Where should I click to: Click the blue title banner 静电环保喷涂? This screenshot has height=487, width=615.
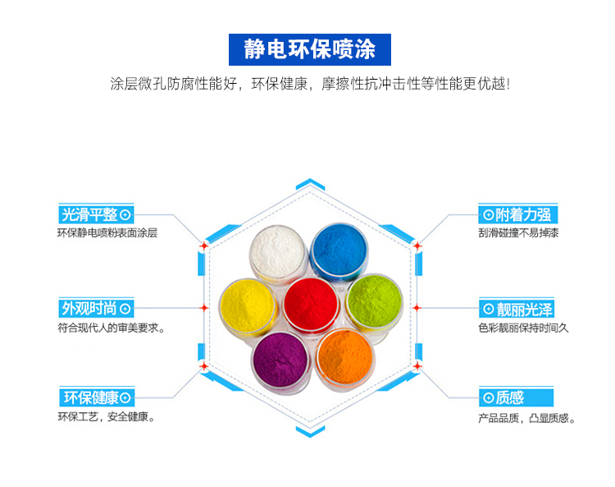click(310, 49)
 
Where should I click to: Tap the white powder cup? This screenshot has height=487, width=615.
click(278, 251)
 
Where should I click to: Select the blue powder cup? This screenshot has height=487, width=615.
click(339, 252)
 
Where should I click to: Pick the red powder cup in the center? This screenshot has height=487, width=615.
click(311, 305)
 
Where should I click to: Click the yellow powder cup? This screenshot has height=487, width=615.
click(248, 306)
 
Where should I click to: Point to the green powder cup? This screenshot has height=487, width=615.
click(374, 303)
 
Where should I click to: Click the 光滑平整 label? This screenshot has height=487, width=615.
click(96, 214)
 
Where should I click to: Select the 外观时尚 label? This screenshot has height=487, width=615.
click(96, 308)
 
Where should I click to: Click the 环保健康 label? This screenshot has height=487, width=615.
click(97, 397)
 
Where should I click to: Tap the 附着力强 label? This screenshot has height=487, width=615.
click(517, 214)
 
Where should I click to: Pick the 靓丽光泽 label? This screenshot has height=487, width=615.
click(517, 309)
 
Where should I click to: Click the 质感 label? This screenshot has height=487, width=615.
click(516, 397)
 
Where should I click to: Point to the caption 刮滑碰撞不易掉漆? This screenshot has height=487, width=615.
click(518, 233)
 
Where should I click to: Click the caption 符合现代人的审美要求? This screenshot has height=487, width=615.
click(111, 328)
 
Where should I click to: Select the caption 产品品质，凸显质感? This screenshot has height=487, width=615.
click(526, 418)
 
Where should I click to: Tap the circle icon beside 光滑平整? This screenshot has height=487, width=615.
click(125, 215)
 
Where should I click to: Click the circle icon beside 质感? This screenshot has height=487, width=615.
click(489, 397)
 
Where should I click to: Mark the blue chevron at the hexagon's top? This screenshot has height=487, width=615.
click(310, 184)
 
